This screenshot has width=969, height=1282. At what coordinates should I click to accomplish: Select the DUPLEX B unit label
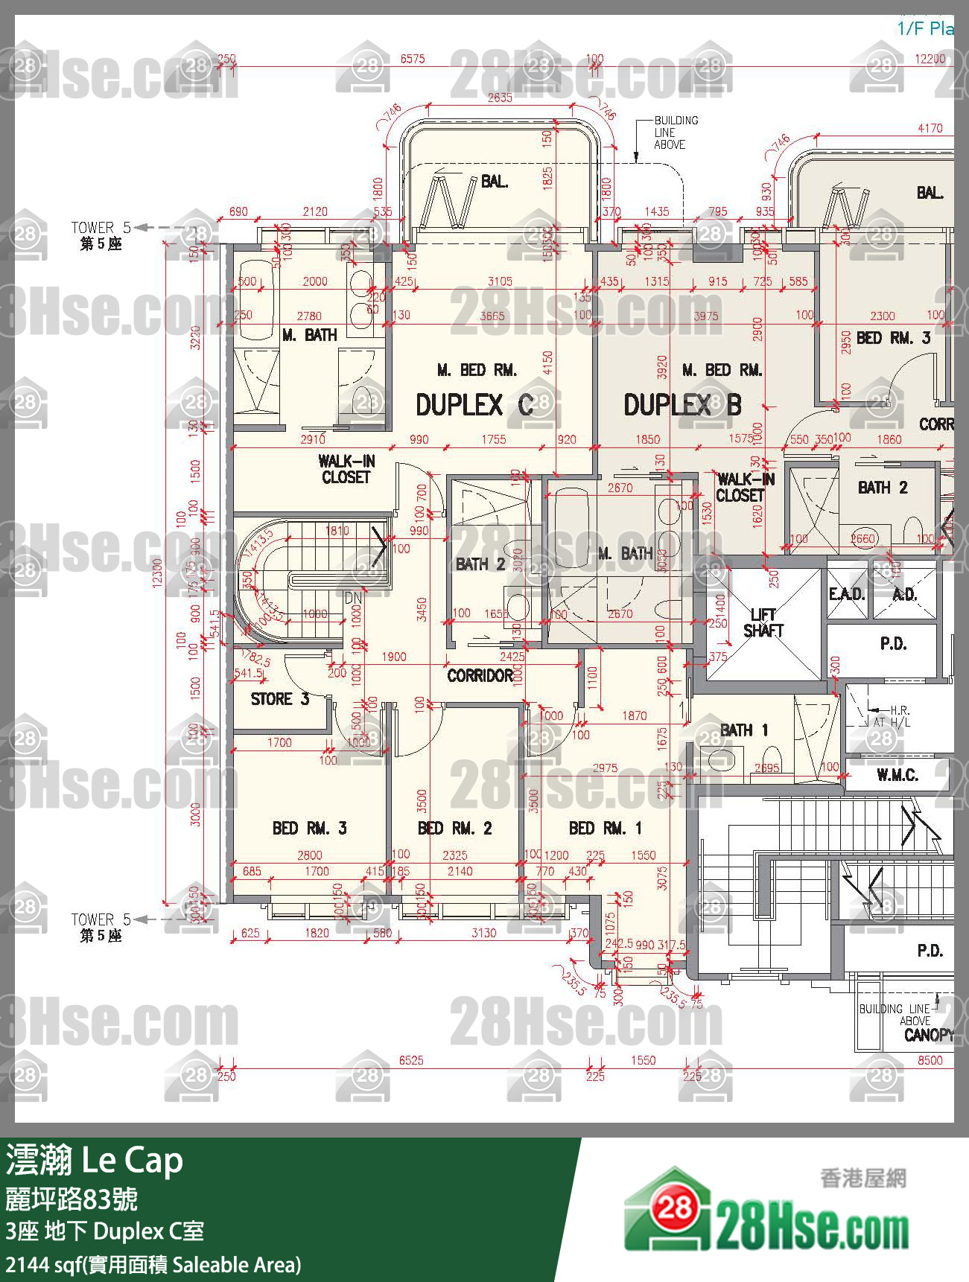(682, 406)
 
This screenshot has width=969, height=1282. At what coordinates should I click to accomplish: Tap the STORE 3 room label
(279, 699)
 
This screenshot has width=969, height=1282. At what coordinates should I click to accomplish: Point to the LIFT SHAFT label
(763, 623)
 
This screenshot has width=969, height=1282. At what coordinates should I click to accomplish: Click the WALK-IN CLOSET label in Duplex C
(346, 469)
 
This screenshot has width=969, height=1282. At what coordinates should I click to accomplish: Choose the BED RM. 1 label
(605, 829)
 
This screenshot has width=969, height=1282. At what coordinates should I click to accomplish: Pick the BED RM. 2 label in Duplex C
(454, 829)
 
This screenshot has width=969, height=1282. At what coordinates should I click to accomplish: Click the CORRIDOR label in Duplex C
(480, 676)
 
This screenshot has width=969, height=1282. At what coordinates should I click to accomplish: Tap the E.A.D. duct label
(847, 594)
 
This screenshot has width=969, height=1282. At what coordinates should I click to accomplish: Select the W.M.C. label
(897, 776)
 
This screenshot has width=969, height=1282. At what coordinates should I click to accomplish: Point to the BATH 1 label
(744, 730)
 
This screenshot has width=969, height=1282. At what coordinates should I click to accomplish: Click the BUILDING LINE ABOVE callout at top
(676, 133)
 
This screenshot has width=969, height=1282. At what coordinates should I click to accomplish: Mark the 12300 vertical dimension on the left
(157, 573)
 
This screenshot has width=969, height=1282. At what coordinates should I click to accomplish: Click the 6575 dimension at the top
(412, 59)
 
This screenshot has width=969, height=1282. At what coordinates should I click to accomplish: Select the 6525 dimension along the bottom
(411, 1060)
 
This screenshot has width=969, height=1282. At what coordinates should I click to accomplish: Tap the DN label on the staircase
(353, 598)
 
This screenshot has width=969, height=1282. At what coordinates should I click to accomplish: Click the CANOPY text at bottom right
(928, 1035)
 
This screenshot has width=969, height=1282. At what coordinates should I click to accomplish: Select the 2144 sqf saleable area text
(153, 1265)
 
